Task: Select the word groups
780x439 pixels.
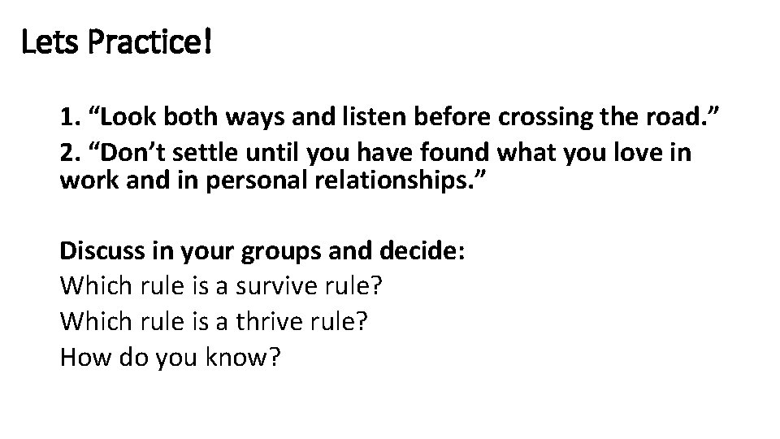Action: pyautogui.click(x=275, y=252)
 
